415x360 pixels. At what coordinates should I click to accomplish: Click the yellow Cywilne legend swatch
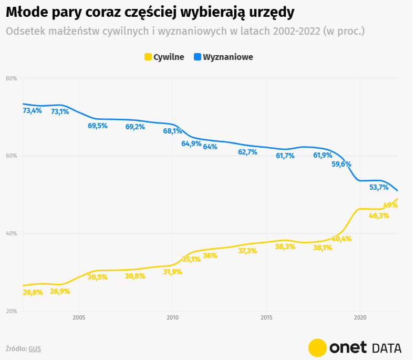point(148,57)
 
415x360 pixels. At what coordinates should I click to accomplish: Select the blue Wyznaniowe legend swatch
point(198,57)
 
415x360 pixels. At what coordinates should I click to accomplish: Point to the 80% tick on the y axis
point(12,78)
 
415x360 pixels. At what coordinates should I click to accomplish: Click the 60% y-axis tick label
point(12,156)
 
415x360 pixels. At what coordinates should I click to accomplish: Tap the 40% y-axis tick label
point(12,233)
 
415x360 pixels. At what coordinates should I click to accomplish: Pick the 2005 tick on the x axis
point(79,317)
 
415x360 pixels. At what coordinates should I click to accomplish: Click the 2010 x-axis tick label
point(172,317)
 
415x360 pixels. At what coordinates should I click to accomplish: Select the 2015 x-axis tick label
point(266,317)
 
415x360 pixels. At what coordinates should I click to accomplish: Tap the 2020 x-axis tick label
point(360,317)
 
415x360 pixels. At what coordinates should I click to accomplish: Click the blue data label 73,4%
point(33,111)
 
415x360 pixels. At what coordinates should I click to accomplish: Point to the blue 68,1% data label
point(172,131)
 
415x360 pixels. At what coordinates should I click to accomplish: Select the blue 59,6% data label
point(341,164)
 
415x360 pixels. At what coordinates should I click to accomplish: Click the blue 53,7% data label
point(379,187)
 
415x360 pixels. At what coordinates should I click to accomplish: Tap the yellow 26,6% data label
point(33,292)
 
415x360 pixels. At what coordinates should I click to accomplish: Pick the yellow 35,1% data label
point(191,259)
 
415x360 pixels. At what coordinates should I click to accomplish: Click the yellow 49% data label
point(390,205)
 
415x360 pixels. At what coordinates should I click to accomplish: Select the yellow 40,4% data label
point(341,239)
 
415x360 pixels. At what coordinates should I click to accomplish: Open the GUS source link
point(35,348)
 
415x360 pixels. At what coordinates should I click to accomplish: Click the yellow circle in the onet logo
point(318,347)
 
